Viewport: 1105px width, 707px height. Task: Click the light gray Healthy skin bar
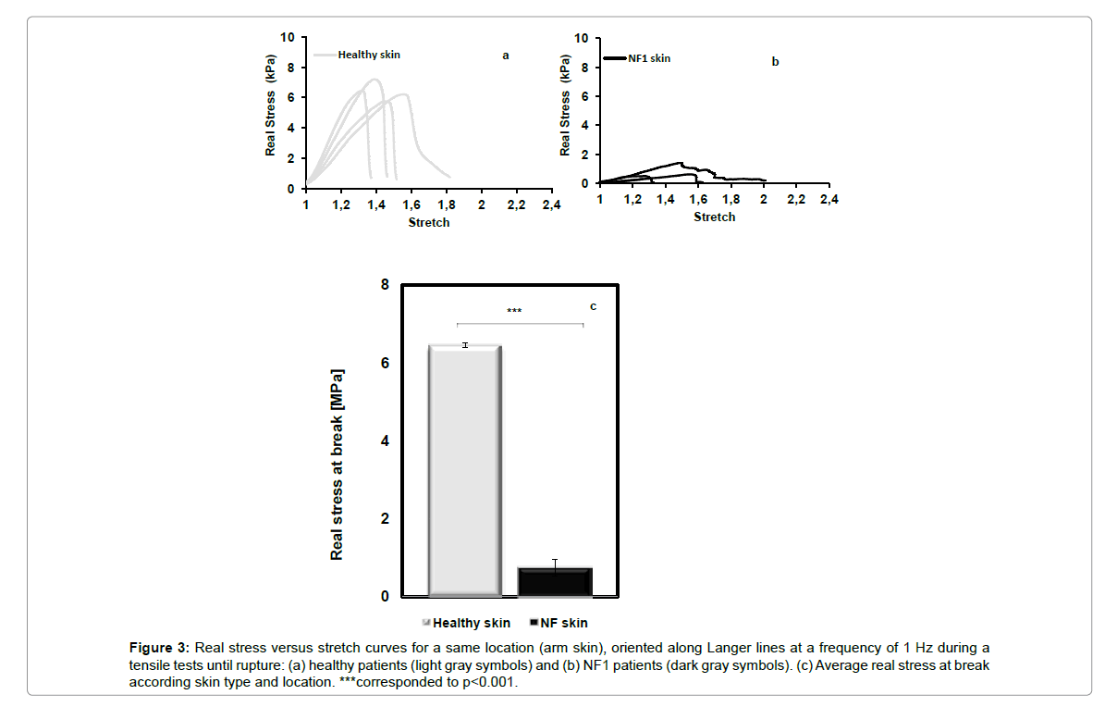[x=465, y=471]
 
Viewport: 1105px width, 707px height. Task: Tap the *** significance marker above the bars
[x=514, y=311]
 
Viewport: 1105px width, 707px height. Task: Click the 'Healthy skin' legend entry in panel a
[x=368, y=55]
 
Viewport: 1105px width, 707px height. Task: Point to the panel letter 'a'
[x=505, y=56]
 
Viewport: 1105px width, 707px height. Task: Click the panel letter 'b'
[x=775, y=62]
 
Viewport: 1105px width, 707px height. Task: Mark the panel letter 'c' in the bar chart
[x=594, y=306]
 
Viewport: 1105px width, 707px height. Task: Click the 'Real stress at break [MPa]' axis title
[x=338, y=465]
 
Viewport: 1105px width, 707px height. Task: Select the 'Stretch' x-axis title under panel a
[x=429, y=222]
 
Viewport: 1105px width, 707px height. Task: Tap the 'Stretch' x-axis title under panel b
[x=715, y=217]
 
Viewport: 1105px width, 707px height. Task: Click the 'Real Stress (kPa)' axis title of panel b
[x=565, y=109]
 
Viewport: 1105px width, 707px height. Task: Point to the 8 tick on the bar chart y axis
[x=385, y=285]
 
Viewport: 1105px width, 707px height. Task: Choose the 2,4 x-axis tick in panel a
[x=551, y=205]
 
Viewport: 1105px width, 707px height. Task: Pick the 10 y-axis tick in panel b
[x=581, y=38]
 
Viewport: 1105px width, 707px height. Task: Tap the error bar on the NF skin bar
[x=555, y=564]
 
